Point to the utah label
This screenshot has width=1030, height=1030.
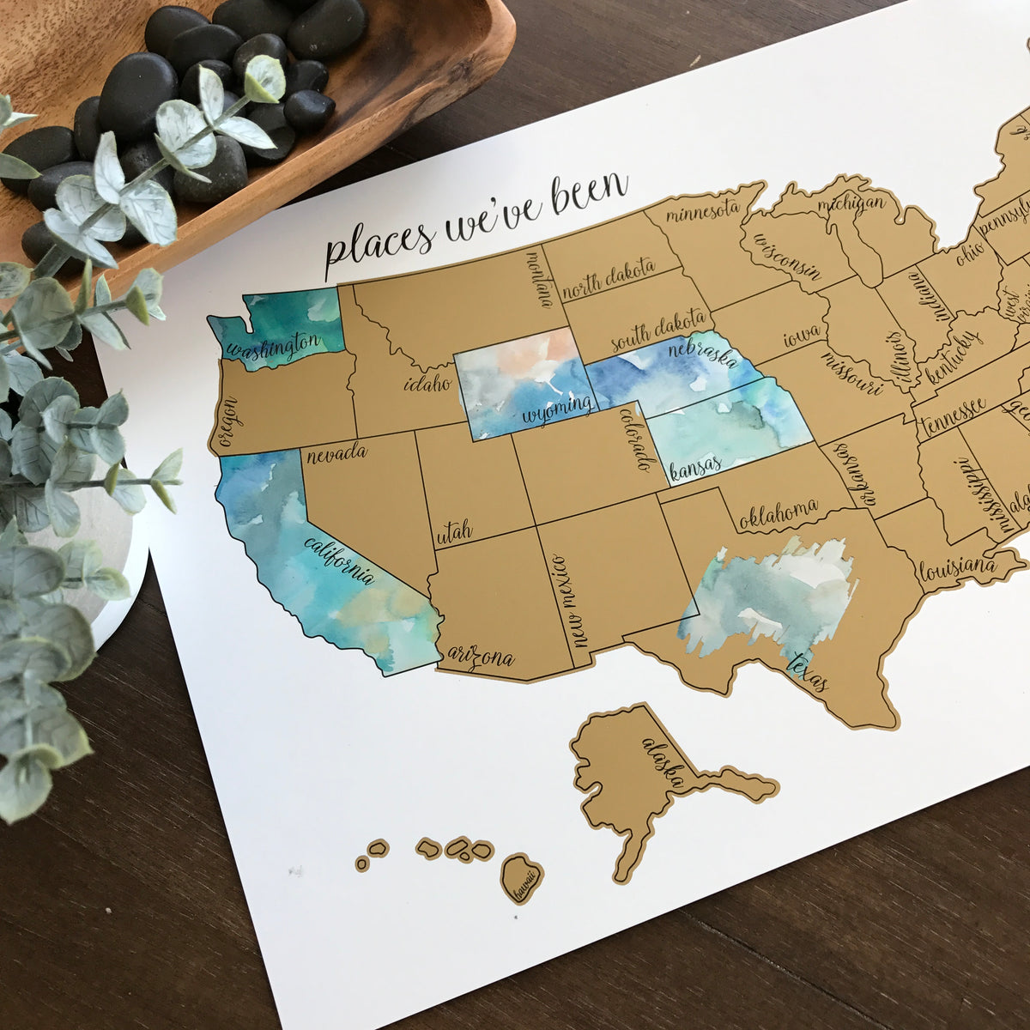point(454,534)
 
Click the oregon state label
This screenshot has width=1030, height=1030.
point(227,423)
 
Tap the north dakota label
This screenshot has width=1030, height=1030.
point(609,279)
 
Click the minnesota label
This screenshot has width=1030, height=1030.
point(702,209)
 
